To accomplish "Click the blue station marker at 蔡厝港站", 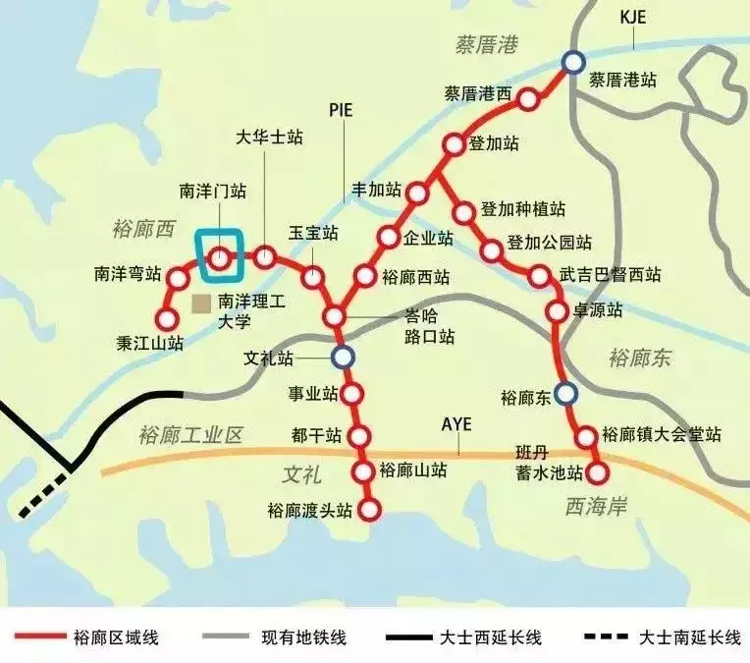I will [x=572, y=62].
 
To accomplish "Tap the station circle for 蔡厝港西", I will [x=528, y=98].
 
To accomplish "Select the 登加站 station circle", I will [x=453, y=144].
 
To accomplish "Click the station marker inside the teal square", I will [x=220, y=257].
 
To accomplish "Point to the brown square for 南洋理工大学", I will [x=201, y=302].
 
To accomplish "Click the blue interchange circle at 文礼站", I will [x=342, y=357].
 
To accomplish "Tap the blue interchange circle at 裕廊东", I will [x=564, y=394].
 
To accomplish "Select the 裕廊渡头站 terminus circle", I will [x=369, y=509].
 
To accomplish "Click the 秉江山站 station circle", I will [x=166, y=319].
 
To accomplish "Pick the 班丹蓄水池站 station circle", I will [x=597, y=473].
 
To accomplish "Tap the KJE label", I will [x=635, y=18].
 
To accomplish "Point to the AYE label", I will [x=456, y=424].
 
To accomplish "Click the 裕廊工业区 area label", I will [x=189, y=435].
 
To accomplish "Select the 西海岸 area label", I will [x=596, y=505].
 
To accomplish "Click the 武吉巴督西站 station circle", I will [x=538, y=276].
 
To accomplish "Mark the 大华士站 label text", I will [x=270, y=138].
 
